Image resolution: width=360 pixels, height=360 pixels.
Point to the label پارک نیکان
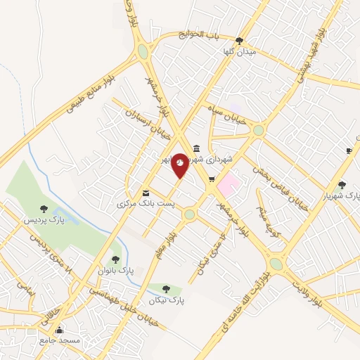(x=166, y=300)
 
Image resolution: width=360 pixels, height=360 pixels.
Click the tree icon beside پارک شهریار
(x=342, y=184)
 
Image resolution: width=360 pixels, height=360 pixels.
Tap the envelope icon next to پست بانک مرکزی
(x=146, y=192)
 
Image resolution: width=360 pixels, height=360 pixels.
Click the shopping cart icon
(x=211, y=179)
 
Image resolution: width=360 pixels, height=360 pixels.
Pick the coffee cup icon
(x=349, y=150)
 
